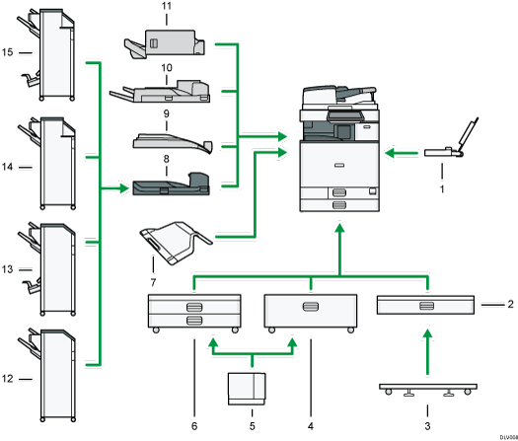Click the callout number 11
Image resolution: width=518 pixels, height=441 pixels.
166,7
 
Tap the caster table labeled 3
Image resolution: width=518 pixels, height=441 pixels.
426,390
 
